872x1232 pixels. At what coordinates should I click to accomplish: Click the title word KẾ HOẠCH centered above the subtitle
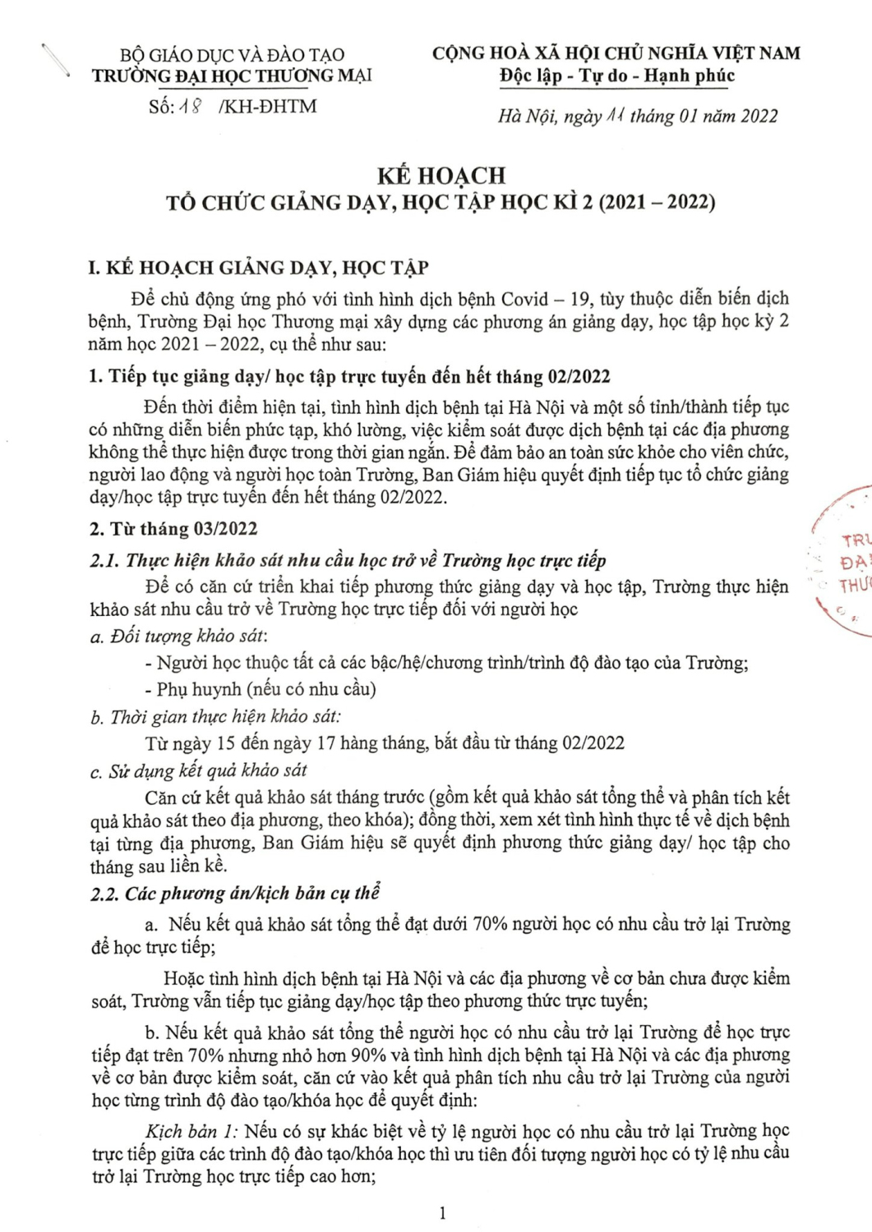441,175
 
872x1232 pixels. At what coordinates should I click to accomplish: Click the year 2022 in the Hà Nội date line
759,116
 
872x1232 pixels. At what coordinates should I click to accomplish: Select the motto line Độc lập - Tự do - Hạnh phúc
616,76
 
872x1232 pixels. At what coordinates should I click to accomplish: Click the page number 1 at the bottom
443,1213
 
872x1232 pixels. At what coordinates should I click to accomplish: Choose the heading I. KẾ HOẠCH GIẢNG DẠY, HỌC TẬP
258,268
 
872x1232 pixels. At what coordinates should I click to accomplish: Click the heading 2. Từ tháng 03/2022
173,529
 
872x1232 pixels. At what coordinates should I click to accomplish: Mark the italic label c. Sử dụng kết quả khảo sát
199,770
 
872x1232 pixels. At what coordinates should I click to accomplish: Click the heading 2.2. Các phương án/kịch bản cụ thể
235,893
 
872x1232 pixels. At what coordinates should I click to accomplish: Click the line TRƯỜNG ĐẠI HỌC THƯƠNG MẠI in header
232,76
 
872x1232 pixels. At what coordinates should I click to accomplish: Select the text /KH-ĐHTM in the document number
269,107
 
